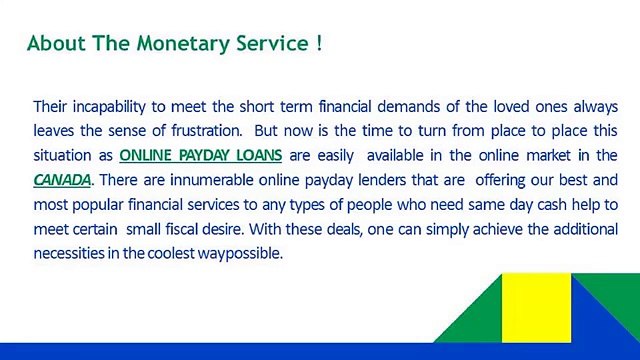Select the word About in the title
point(49,44)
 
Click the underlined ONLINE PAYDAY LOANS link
point(200,155)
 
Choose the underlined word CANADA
point(62,180)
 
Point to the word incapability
point(120,106)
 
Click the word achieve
point(469,229)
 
